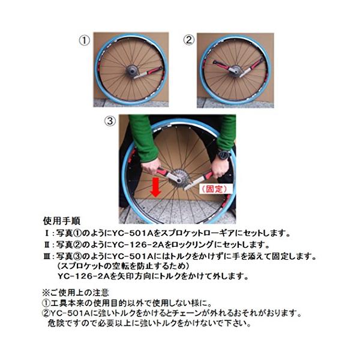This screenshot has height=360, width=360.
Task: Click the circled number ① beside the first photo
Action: click(85, 41)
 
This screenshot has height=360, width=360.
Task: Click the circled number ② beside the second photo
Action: click(189, 40)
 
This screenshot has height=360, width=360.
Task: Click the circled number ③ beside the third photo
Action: click(110, 121)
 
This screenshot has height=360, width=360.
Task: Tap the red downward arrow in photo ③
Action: click(156, 187)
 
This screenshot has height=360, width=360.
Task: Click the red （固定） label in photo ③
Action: click(214, 189)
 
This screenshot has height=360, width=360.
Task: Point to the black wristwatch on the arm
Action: click(223, 154)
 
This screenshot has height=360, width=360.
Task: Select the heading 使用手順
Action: click(62, 221)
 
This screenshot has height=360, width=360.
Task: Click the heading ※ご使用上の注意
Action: click(76, 292)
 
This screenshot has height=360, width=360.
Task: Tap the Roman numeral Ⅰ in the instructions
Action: click(47, 233)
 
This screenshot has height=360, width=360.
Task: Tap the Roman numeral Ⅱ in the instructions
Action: click(47, 245)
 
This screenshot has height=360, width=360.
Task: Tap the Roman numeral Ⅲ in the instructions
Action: click(47, 256)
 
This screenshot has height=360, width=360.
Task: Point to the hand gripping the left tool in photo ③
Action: click(151, 166)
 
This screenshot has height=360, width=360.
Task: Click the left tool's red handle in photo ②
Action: click(221, 65)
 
